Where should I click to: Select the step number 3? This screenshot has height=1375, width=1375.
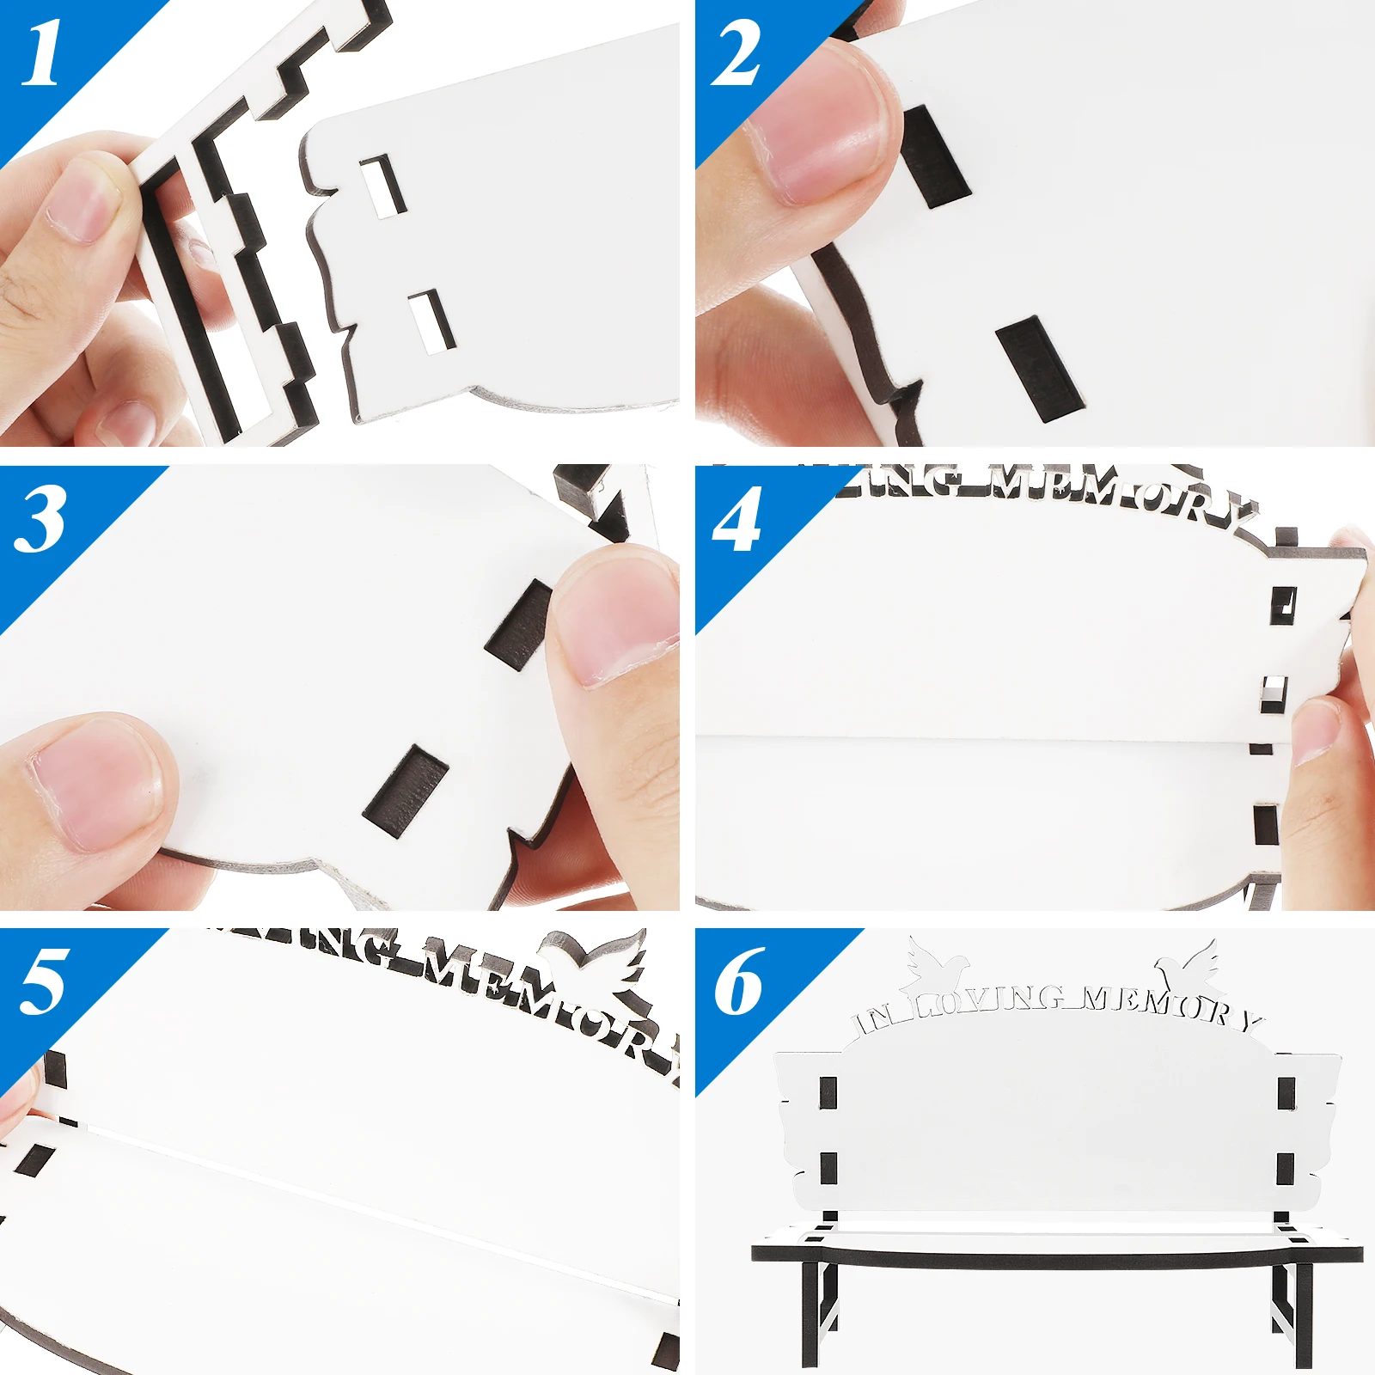[x=40, y=519]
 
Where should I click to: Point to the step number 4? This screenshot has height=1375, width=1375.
[x=736, y=519]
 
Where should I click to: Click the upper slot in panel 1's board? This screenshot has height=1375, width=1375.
[x=383, y=185]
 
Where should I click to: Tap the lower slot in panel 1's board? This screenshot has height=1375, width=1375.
[x=432, y=321]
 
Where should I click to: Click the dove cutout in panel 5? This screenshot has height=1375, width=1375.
[x=593, y=958]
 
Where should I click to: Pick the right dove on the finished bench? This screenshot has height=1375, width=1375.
[x=1190, y=967]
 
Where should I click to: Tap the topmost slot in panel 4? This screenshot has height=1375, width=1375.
[x=1283, y=604]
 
